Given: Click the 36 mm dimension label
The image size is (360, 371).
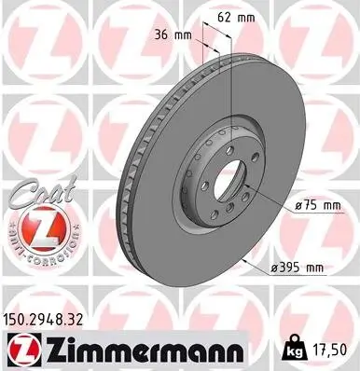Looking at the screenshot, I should [175, 36].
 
